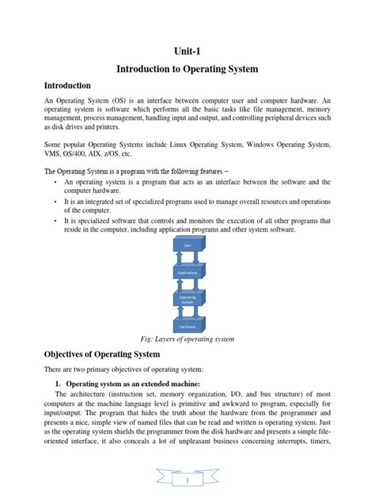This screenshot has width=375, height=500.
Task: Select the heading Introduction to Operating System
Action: (x=187, y=70)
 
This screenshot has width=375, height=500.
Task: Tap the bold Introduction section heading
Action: (x=67, y=85)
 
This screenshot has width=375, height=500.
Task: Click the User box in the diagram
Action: (x=187, y=246)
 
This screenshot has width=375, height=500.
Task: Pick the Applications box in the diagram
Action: (x=187, y=273)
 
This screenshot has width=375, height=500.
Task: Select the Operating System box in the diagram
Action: (x=187, y=300)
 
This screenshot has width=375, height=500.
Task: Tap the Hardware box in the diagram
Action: (x=187, y=326)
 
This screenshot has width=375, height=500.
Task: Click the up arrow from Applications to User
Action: (x=180, y=259)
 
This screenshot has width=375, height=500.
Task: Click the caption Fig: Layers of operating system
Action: (x=187, y=339)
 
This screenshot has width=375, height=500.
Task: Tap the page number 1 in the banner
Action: (x=187, y=479)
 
